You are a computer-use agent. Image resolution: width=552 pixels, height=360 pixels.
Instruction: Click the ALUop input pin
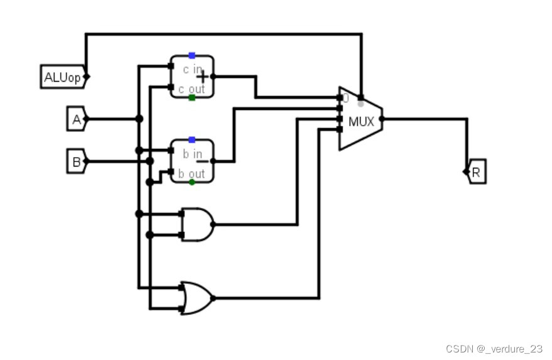62,77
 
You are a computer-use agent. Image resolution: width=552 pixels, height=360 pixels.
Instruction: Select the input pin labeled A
76,119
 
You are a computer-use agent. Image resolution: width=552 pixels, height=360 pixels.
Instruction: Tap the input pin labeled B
76,161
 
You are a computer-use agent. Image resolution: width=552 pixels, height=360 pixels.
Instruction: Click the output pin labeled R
476,172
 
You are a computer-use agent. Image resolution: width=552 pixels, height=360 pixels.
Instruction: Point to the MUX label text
361,121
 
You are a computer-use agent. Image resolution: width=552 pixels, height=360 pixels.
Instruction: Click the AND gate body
195,224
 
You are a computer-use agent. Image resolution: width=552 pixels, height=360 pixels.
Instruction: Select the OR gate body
195,297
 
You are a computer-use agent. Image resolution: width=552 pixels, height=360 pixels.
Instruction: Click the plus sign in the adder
203,77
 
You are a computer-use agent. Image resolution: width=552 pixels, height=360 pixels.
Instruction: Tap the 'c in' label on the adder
192,69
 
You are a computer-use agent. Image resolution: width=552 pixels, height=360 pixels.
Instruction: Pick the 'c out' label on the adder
192,90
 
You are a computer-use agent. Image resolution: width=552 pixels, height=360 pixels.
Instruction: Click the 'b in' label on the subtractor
192,154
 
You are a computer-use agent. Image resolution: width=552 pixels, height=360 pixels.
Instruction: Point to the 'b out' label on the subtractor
192,173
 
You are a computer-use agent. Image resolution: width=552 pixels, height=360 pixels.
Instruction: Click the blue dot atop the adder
192,56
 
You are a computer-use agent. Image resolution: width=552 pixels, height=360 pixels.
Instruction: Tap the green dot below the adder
192,97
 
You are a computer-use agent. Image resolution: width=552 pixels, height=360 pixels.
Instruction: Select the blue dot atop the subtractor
192,139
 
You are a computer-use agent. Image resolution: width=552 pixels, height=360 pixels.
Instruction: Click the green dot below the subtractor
192,182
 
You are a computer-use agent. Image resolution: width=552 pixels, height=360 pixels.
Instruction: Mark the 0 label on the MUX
345,99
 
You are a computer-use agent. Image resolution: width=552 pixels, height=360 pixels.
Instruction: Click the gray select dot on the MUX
360,103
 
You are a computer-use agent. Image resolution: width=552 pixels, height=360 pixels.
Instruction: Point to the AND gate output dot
214,224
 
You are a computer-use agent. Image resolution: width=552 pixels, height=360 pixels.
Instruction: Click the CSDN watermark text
494,349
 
